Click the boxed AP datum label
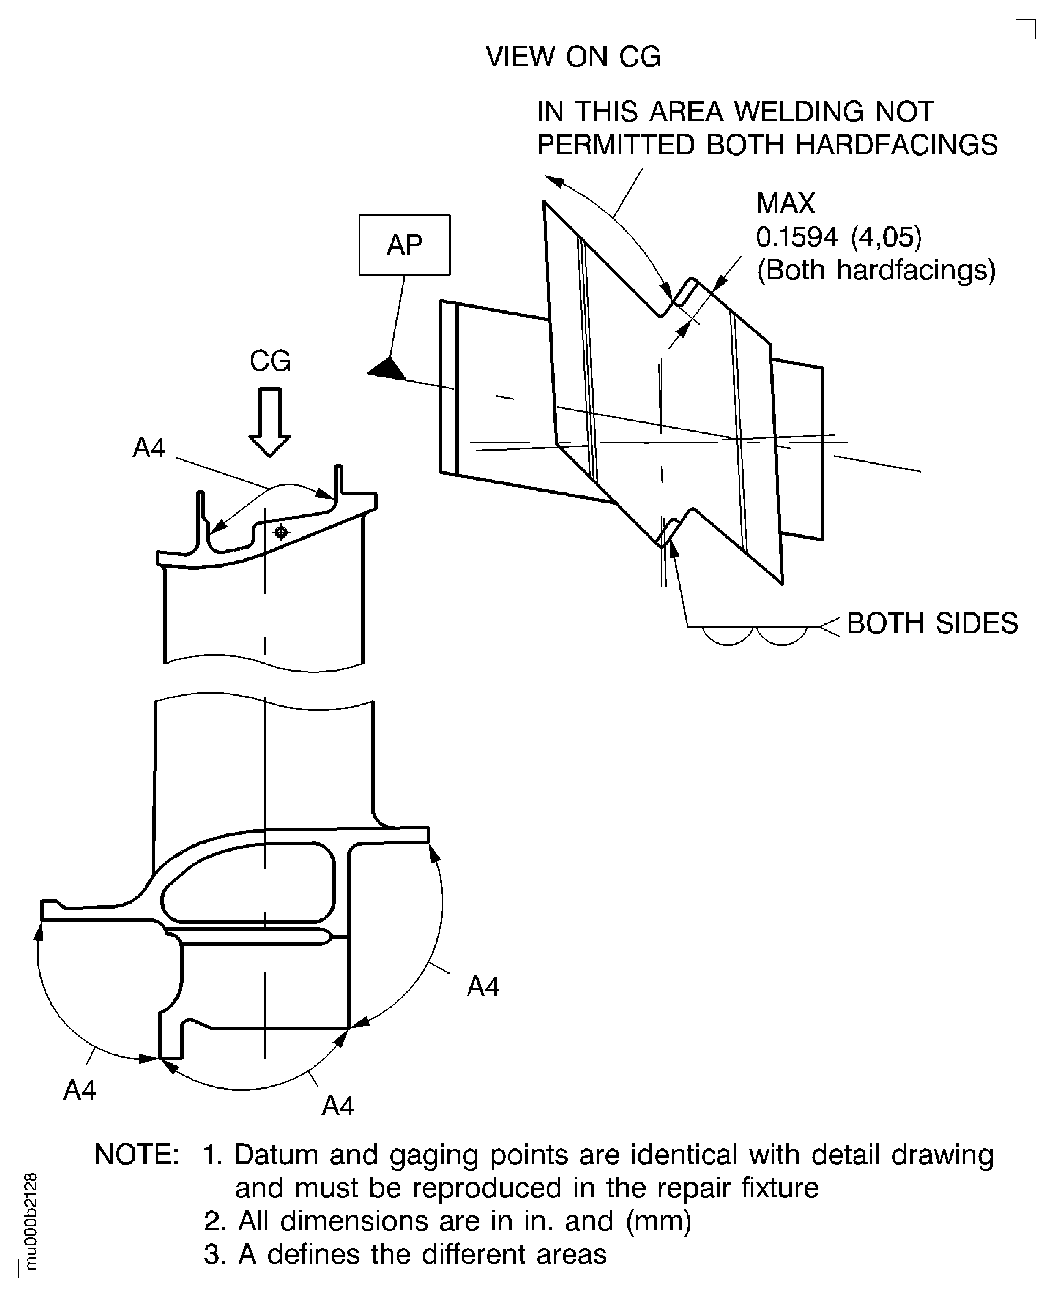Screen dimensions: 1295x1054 (405, 245)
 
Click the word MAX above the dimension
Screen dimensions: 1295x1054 (785, 203)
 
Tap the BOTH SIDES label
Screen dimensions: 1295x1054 (932, 623)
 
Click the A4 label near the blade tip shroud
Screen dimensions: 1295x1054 (149, 449)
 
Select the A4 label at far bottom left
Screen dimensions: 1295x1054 (80, 1091)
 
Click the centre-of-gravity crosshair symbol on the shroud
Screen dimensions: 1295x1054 (280, 532)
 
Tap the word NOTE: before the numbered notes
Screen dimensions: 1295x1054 (137, 1155)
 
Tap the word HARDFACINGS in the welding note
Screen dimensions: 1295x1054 (896, 145)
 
